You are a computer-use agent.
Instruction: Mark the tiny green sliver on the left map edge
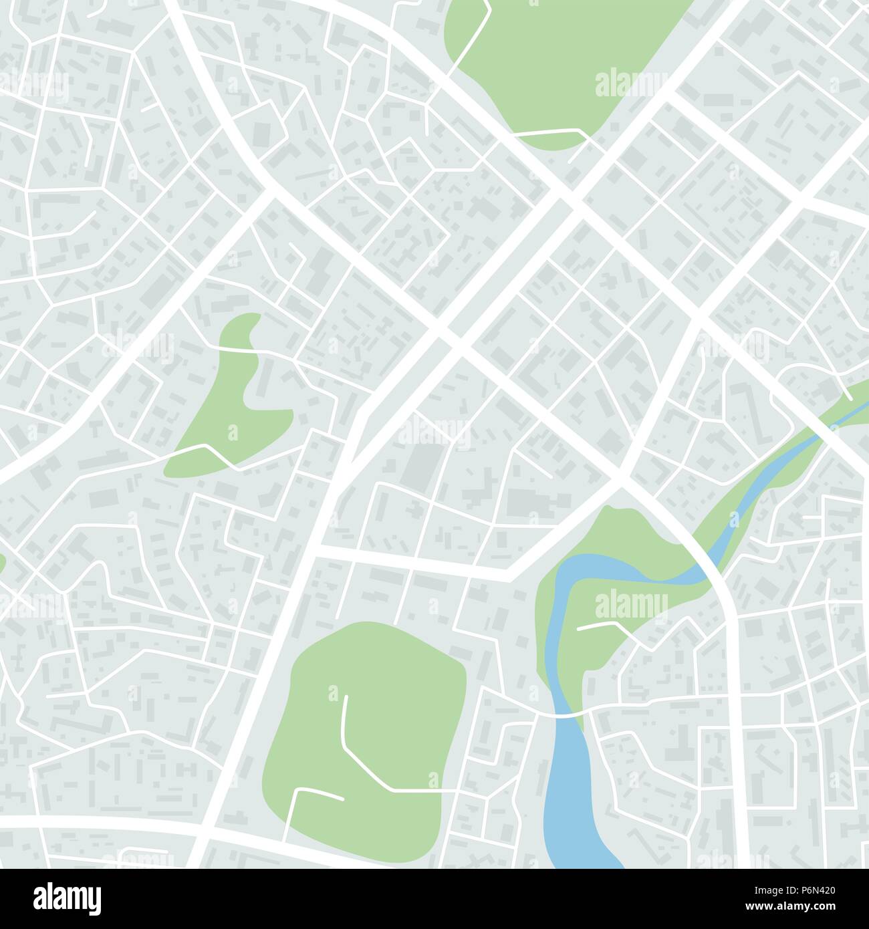click(2, 563)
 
